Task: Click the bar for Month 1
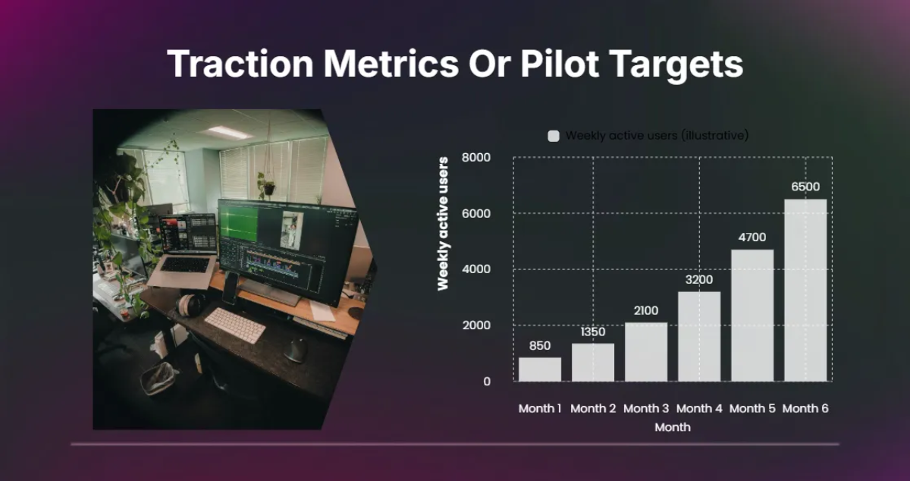(x=540, y=369)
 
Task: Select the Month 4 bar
(x=699, y=336)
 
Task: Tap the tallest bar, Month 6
(x=805, y=291)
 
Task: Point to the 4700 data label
(x=752, y=237)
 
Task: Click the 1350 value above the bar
(x=593, y=332)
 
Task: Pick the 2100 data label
(x=646, y=310)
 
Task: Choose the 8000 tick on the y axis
(x=476, y=157)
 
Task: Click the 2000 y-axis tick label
(x=476, y=325)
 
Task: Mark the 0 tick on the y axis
(x=487, y=382)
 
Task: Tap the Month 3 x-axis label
(x=646, y=408)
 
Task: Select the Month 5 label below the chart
(x=752, y=408)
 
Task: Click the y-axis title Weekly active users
(x=443, y=224)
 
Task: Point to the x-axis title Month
(x=673, y=427)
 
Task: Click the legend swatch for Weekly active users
(x=554, y=136)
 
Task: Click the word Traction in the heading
(x=240, y=64)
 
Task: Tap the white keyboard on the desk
(x=235, y=325)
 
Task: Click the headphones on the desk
(x=190, y=304)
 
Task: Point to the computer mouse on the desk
(x=296, y=351)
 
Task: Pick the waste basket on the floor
(x=158, y=377)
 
